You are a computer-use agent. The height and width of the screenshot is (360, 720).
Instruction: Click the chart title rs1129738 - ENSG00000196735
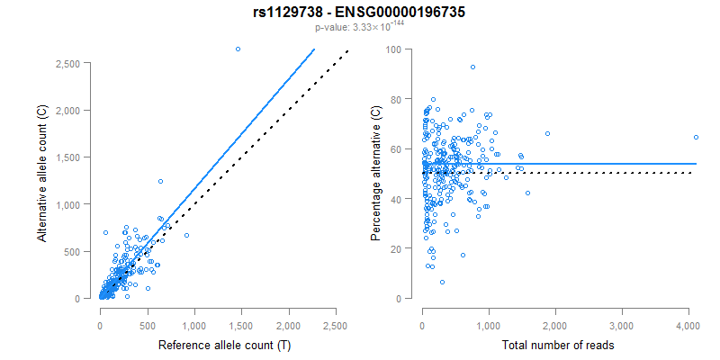point(360,13)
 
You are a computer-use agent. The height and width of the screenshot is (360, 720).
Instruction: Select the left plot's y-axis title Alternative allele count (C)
point(42,172)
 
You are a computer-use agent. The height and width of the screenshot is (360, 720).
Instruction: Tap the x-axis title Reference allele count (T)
point(217,346)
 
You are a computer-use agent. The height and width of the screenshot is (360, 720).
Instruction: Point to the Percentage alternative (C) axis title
point(376,173)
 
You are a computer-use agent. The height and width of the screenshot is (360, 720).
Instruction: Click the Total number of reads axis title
point(555,346)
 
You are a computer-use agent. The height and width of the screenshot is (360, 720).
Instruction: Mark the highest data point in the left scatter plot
point(238,49)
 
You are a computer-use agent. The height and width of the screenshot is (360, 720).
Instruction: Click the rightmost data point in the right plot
point(696,137)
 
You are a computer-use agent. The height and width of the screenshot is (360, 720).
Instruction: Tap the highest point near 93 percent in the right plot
point(472,67)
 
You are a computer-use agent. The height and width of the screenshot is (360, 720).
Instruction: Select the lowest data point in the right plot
point(442,282)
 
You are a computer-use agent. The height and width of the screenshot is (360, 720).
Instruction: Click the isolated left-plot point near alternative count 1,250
point(160,181)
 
